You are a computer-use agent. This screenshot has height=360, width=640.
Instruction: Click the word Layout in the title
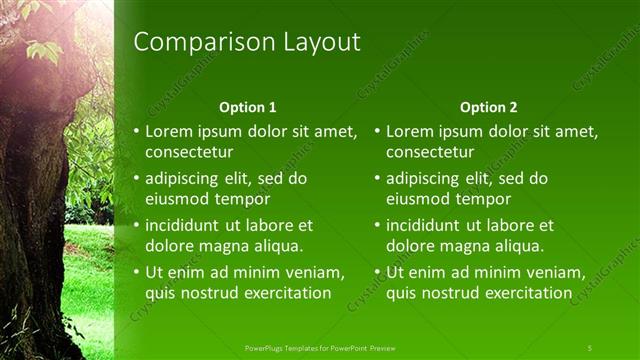coord(319,42)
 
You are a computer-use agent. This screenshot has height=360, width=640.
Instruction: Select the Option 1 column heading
coord(247,107)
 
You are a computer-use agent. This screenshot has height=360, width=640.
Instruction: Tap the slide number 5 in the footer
coord(589,347)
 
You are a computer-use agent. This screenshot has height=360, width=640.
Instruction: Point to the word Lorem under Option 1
coord(169,131)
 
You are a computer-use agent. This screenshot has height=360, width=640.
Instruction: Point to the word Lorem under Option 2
coord(410,131)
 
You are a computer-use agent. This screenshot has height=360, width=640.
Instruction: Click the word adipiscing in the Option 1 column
coord(185,178)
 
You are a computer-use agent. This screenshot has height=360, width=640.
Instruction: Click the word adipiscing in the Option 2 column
coord(426,178)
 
